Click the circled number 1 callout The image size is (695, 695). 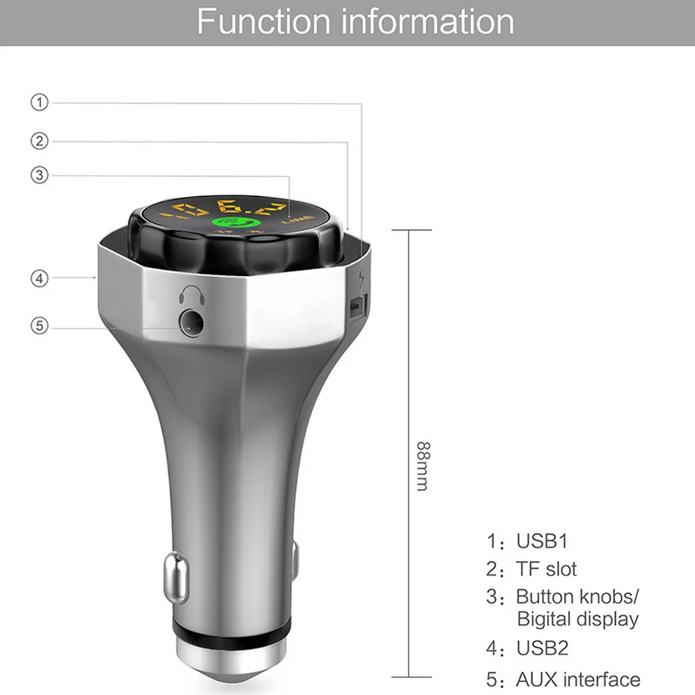click(x=40, y=103)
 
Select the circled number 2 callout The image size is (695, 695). click(x=40, y=141)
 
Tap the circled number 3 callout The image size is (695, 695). click(x=40, y=174)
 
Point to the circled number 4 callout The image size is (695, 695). click(x=40, y=278)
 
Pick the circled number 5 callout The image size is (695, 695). click(x=40, y=325)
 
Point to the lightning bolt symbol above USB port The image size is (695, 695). click(x=358, y=281)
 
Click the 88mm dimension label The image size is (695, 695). click(x=422, y=465)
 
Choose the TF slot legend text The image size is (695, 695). click(x=546, y=569)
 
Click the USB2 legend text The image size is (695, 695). click(x=541, y=648)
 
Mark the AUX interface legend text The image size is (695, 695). click(x=578, y=679)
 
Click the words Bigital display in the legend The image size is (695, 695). click(x=577, y=619)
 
